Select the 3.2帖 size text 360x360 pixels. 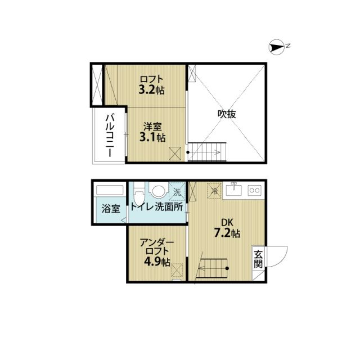(x=152, y=89)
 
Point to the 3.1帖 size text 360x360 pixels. (x=152, y=137)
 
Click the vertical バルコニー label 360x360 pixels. (x=110, y=135)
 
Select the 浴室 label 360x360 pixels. (x=110, y=209)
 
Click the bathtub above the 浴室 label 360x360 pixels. (x=110, y=189)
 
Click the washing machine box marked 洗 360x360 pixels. (x=177, y=191)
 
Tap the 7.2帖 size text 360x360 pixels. (x=227, y=233)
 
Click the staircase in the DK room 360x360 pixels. (x=213, y=269)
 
